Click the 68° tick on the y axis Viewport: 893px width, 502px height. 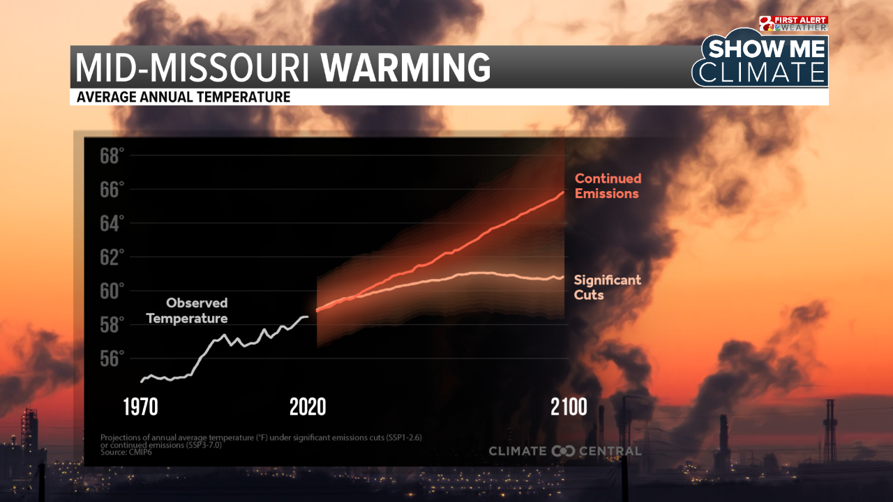click(112, 156)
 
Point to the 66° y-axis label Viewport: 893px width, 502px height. click(112, 190)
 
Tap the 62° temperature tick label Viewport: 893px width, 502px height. click(112, 257)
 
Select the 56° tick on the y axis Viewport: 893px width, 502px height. click(112, 358)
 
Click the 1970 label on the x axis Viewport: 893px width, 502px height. click(141, 407)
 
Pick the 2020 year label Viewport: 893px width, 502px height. click(308, 407)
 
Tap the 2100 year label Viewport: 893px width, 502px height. click(569, 407)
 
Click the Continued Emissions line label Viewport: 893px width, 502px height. click(608, 186)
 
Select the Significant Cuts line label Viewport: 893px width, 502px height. click(607, 287)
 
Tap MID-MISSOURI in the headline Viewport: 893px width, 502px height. click(193, 68)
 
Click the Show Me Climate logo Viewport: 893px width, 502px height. click(762, 61)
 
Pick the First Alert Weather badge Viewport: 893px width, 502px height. click(794, 24)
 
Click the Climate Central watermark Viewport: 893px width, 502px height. click(564, 451)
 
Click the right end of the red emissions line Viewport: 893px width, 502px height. click(563, 192)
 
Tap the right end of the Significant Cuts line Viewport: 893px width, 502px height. click(563, 277)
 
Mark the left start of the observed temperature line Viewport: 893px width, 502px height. click(141, 381)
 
